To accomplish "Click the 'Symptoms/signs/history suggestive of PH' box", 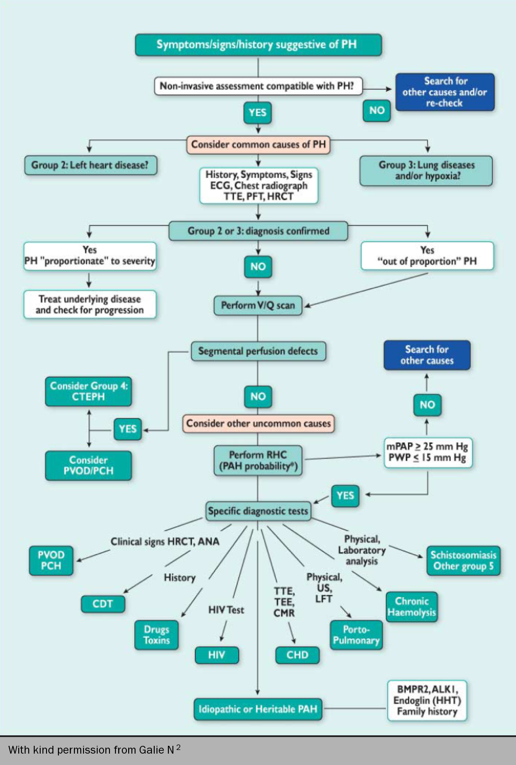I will [258, 45].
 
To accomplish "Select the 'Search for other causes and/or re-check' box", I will [445, 92].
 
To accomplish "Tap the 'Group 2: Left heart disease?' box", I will [90, 165].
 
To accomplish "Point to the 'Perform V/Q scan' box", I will [258, 305].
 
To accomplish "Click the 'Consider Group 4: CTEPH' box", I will [89, 391].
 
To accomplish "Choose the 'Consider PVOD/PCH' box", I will [89, 465].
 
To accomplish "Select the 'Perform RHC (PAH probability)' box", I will [258, 460].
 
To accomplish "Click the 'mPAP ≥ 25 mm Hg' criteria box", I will [427, 452].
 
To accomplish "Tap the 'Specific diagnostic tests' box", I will [258, 511].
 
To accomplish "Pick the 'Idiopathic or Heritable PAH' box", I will [258, 709].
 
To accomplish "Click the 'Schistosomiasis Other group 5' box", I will [463, 561].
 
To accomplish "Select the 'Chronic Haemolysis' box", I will [412, 607].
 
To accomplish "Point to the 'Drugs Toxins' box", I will [156, 635].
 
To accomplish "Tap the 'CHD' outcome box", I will [297, 655].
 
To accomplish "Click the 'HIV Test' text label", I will [226, 610].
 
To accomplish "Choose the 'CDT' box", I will [103, 604].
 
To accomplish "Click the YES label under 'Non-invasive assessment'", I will [258, 113].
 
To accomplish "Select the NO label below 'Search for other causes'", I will [427, 405].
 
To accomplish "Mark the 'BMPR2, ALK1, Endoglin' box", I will [427, 701].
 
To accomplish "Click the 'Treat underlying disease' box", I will [90, 304].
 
